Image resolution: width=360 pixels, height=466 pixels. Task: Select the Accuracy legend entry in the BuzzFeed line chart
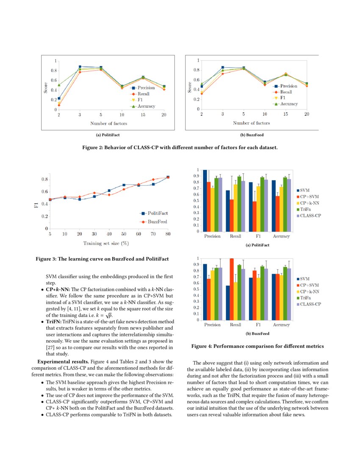pyautogui.click(x=285, y=104)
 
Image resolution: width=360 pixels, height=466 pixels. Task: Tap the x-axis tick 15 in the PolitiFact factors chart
pyautogui.click(x=143, y=115)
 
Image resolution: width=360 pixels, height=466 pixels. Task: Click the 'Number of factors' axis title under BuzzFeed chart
pyautogui.click(x=251, y=123)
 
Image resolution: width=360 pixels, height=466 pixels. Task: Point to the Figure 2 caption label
pyautogui.click(x=180, y=147)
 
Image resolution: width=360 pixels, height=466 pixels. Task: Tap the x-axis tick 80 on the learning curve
pyautogui.click(x=168, y=234)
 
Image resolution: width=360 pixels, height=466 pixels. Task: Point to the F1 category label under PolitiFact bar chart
pyautogui.click(x=258, y=236)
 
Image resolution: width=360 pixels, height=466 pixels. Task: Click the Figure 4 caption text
pyautogui.click(x=258, y=346)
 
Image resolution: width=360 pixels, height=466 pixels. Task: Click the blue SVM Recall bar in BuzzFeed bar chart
pyautogui.click(x=228, y=303)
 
